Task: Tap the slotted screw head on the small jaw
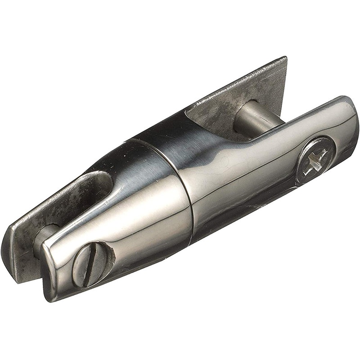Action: (90, 264)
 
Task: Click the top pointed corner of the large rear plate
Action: (284, 58)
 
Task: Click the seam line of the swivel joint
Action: (189, 198)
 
